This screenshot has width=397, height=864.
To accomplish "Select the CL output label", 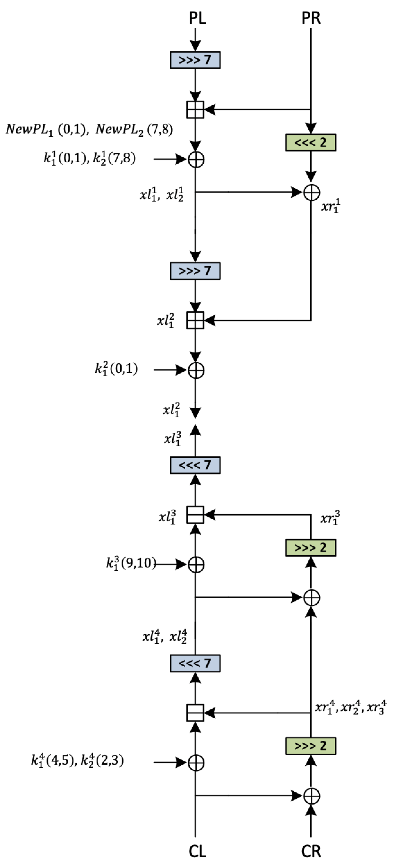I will [x=197, y=851].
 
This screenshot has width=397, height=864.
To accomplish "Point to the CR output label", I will [x=311, y=851].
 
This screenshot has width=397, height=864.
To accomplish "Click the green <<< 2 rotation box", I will [x=311, y=143].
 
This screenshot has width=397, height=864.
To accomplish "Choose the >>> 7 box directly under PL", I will [x=195, y=60].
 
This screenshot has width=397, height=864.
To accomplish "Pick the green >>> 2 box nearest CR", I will [x=311, y=746].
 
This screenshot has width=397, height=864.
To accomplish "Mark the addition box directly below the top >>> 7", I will [x=195, y=110].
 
